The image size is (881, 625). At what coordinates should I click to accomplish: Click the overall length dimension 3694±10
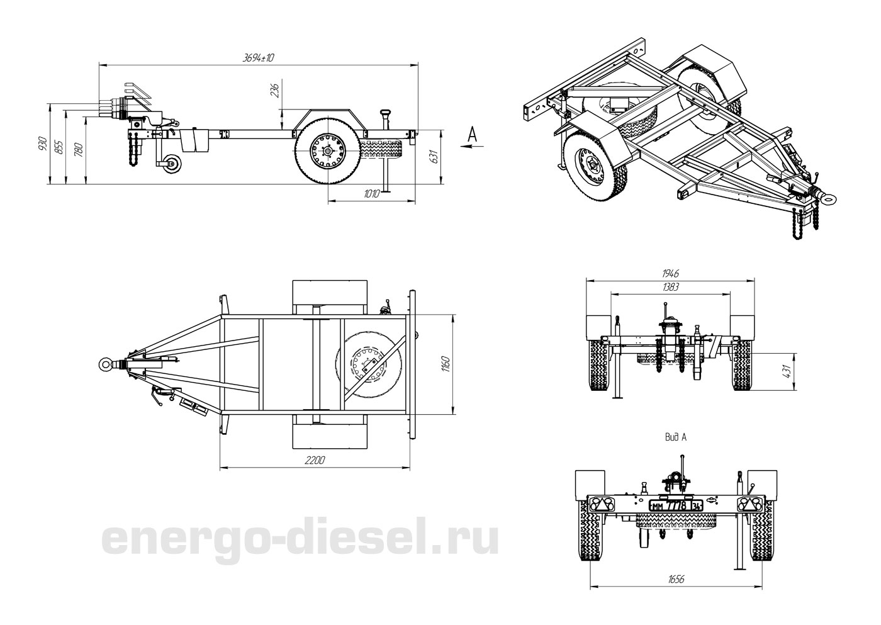[259, 58]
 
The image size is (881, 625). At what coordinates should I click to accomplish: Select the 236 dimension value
[275, 90]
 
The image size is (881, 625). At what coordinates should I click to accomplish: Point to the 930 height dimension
[43, 144]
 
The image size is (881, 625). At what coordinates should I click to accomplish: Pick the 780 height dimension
[79, 150]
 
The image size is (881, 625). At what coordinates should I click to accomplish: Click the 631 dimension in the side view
[433, 156]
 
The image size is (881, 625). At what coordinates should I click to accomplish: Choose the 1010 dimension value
[372, 193]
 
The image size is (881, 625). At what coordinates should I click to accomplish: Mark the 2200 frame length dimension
[315, 460]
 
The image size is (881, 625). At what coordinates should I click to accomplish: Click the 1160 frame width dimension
[446, 364]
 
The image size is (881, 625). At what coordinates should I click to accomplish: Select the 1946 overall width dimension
[671, 273]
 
